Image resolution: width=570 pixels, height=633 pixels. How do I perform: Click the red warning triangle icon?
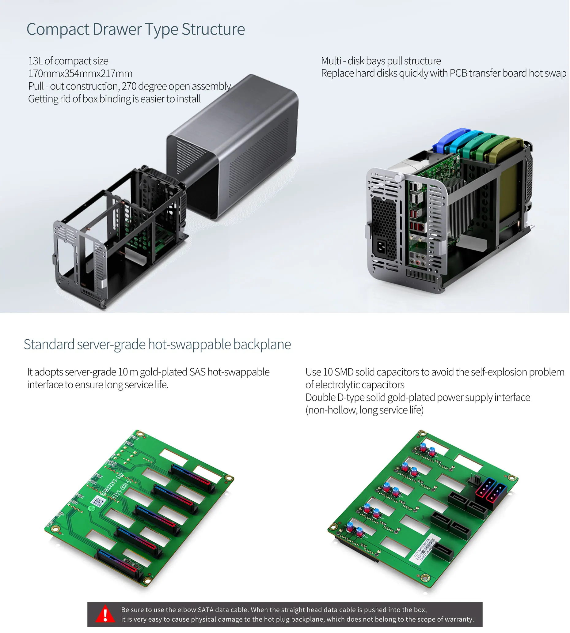pyautogui.click(x=105, y=614)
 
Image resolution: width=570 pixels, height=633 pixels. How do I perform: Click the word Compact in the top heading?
pyautogui.click(x=58, y=30)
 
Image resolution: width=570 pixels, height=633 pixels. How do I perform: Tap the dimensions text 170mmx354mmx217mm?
pyautogui.click(x=80, y=73)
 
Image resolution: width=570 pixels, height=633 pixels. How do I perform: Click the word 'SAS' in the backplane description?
pyautogui.click(x=197, y=372)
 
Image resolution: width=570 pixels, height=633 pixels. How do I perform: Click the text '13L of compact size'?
pyautogui.click(x=68, y=61)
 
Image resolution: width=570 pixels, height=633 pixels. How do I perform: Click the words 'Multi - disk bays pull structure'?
pyautogui.click(x=381, y=61)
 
